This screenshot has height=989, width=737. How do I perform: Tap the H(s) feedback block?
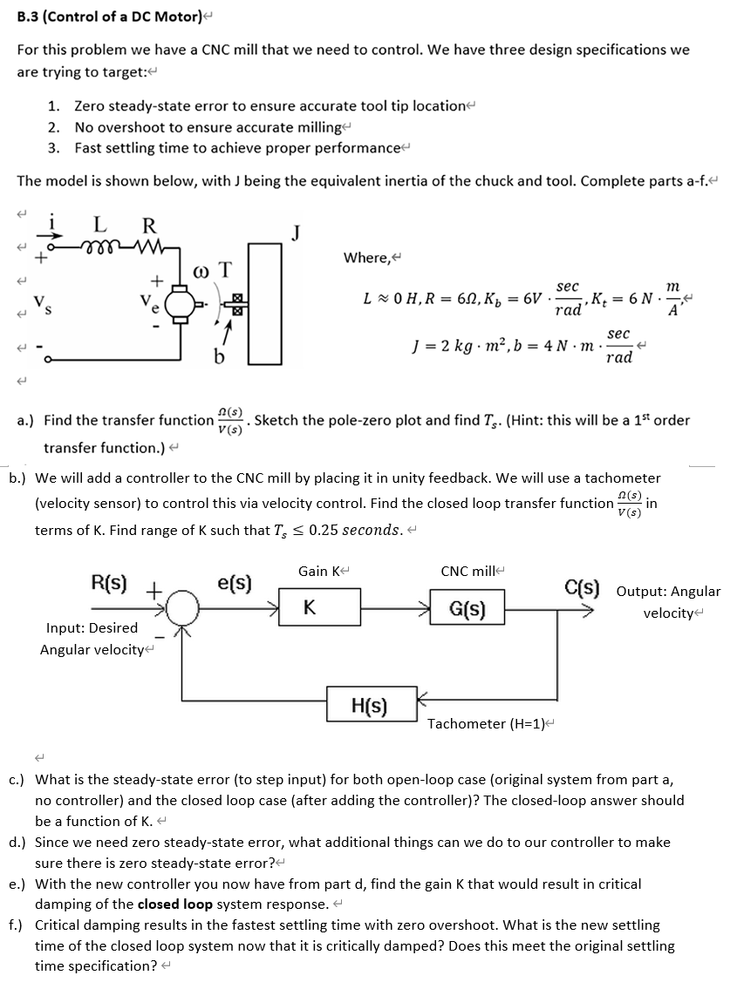click(x=370, y=704)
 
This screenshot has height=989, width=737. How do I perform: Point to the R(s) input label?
click(x=109, y=581)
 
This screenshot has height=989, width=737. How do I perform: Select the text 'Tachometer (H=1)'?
click(x=490, y=723)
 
